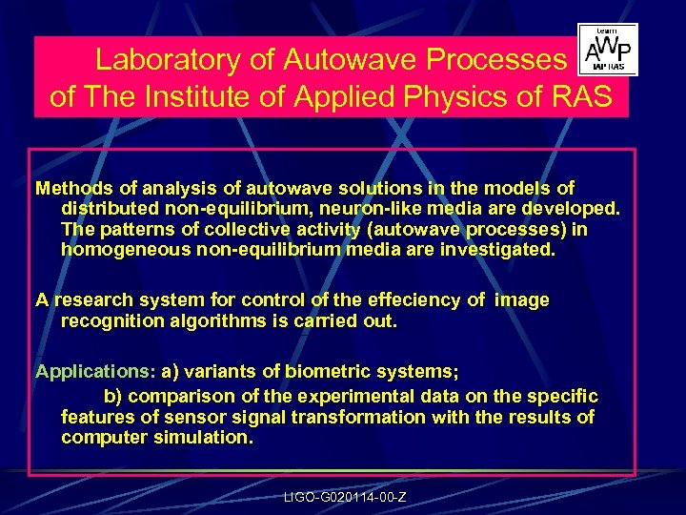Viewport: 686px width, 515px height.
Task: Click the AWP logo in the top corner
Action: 608,50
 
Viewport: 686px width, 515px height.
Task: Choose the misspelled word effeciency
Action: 411,299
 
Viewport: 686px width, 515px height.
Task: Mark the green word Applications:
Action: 95,371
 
